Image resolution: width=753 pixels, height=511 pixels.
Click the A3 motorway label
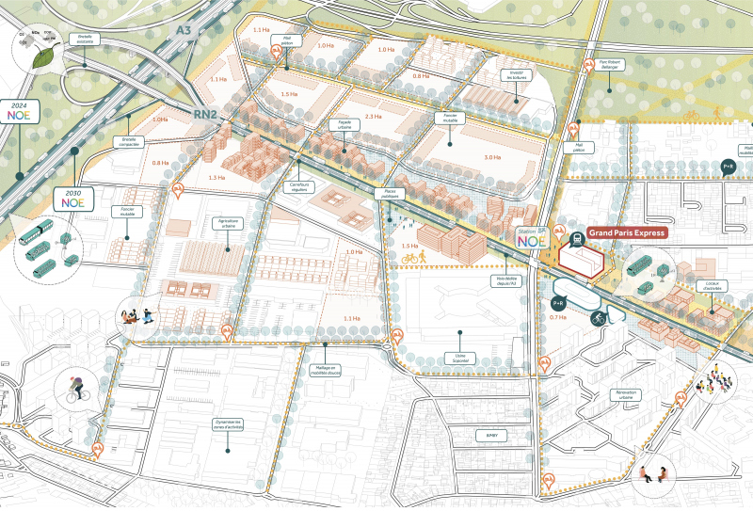[184, 31]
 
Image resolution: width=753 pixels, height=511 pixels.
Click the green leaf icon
[44, 56]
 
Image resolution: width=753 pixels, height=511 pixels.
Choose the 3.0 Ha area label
[490, 157]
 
